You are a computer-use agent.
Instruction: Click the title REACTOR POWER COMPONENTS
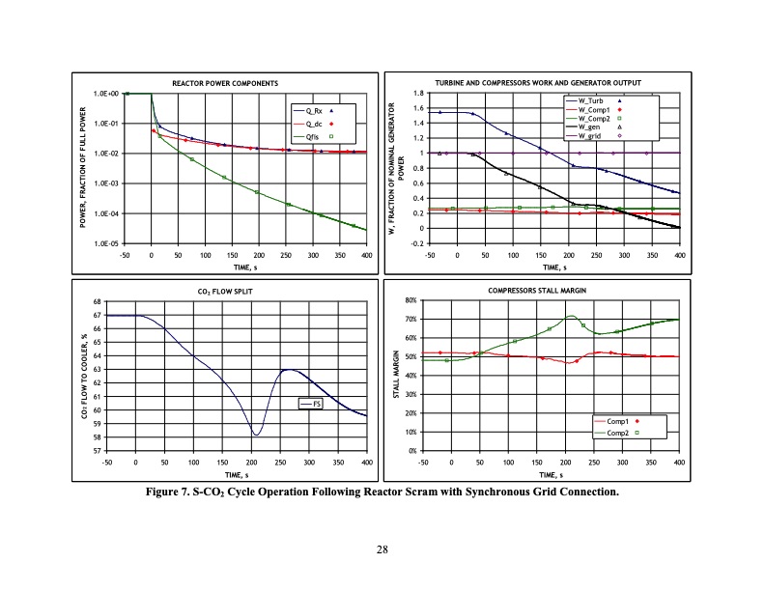click(x=225, y=84)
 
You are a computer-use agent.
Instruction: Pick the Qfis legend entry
click(x=312, y=136)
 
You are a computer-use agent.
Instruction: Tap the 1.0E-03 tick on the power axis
click(x=106, y=183)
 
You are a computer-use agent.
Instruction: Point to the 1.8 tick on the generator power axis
click(x=418, y=94)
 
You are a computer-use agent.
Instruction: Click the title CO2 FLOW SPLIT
click(x=225, y=290)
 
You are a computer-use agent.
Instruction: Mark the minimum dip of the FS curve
click(x=256, y=435)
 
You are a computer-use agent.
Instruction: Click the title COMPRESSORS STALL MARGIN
click(x=547, y=290)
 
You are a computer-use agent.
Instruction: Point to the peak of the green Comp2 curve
click(x=572, y=316)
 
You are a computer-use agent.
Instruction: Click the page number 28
click(x=382, y=550)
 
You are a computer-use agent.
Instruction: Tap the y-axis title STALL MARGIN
click(x=395, y=377)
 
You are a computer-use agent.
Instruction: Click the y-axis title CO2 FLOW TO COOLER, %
click(x=85, y=377)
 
